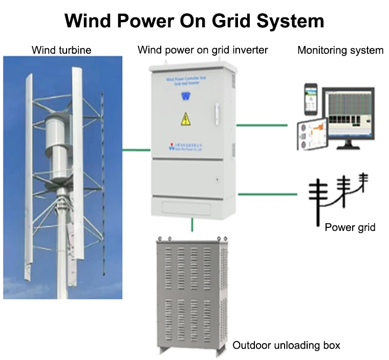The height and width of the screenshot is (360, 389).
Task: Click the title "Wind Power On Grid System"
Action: coord(194,20)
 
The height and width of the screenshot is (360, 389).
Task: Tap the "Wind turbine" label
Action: coord(61,50)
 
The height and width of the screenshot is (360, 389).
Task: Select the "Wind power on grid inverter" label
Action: coord(203,50)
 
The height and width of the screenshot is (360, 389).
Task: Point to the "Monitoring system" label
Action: coord(340,50)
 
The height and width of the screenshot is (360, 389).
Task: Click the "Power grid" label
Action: coord(350,227)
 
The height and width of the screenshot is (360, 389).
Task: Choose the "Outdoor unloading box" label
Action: coord(286,346)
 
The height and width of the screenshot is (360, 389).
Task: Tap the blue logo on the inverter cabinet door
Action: coord(185,96)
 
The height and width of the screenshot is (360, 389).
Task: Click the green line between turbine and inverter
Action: coord(136,150)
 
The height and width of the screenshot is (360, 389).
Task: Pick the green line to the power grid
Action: coord(267,194)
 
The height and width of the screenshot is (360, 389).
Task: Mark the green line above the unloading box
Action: coord(192,224)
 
